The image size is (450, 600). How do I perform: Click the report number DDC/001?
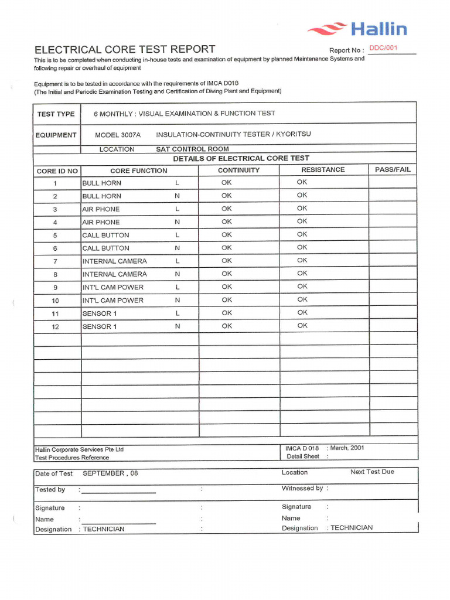coord(383,48)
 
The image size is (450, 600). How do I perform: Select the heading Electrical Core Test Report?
coord(125,49)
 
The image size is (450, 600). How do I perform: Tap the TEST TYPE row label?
coord(56,114)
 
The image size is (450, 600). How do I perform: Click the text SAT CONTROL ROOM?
coord(192,149)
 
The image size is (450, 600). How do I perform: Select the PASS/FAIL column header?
coord(393,170)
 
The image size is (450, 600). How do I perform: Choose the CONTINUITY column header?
coord(238,171)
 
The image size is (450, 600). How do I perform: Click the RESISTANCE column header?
coord(323,170)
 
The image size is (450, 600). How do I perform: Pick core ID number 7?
coord(55,261)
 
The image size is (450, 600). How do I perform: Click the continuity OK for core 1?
coord(227,183)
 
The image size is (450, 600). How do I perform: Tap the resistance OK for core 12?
coord(302,326)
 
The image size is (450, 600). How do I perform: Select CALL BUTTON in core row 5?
coord(105,236)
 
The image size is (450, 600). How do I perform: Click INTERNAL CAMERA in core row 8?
coord(114,274)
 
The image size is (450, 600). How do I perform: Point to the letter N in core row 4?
coord(177,222)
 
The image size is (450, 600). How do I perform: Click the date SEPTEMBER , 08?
coord(110,473)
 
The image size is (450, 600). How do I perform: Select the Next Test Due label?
coord(372,472)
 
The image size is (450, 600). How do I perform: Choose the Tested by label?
coord(50,489)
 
